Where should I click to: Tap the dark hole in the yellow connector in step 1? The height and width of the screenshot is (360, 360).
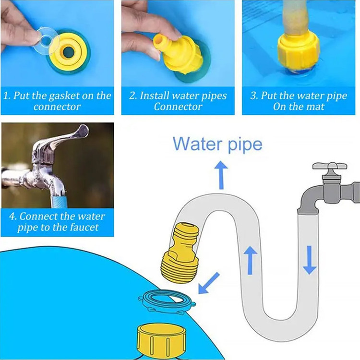pos(69,52)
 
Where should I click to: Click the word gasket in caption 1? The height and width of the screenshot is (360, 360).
pos(64,96)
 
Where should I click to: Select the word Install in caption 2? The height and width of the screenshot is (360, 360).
pos(155,96)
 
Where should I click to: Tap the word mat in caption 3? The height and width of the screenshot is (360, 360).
pos(317,107)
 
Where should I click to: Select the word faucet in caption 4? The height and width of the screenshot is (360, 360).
pos(84,228)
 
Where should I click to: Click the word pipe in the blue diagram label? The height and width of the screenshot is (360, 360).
pos(245,145)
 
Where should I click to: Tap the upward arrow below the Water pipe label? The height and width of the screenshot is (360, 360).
pos(221,175)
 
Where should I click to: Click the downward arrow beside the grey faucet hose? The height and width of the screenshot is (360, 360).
pos(310,260)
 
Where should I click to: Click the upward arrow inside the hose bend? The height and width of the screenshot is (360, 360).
pos(250,260)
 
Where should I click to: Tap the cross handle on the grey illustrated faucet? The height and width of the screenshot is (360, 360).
pos(330,166)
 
